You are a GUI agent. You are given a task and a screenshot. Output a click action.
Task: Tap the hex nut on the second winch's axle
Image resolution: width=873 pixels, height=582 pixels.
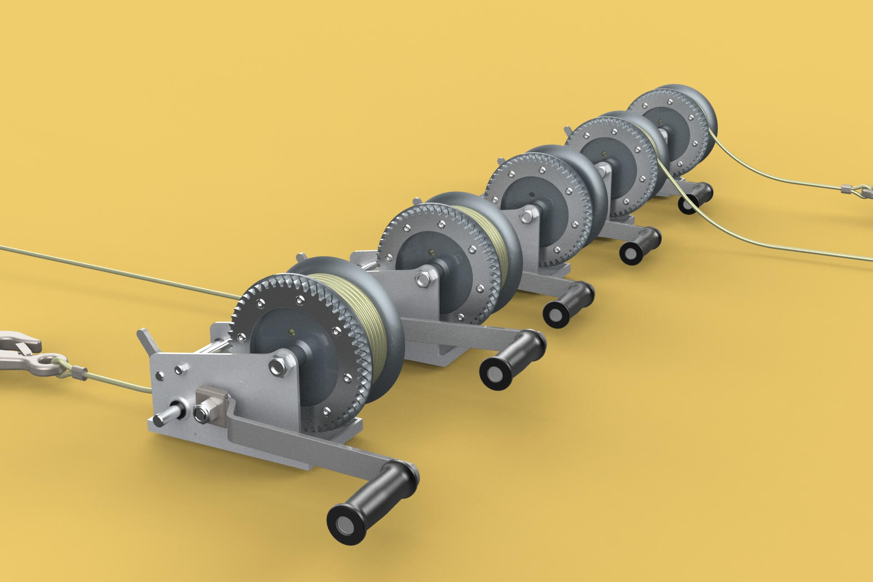tap(421, 278)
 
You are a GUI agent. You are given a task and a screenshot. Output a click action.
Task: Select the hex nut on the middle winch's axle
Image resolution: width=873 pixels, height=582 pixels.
tap(527, 216)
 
